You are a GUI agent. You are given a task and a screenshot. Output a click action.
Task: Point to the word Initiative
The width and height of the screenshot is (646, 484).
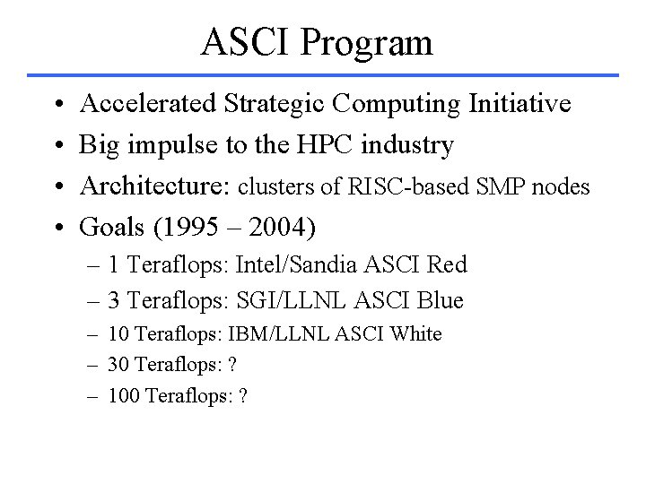pos(519,105)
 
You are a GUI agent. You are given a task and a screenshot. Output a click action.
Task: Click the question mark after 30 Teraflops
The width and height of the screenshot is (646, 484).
pos(231,364)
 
